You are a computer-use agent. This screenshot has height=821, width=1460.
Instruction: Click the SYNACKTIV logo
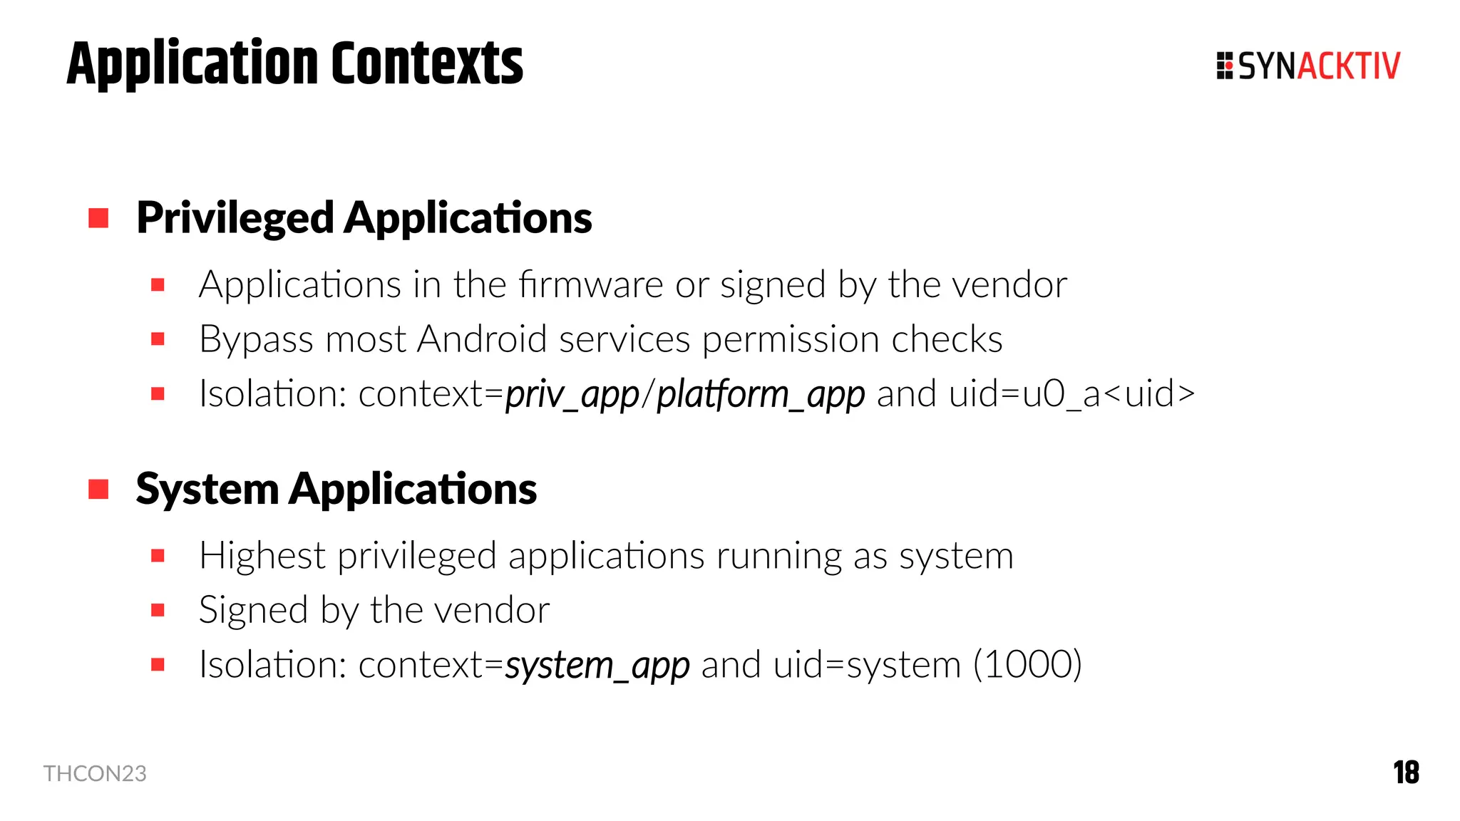point(1308,66)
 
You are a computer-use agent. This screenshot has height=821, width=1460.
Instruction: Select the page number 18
point(1406,773)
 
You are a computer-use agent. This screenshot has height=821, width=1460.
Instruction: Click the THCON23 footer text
point(95,773)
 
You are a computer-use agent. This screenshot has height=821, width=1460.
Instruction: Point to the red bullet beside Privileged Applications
point(98,218)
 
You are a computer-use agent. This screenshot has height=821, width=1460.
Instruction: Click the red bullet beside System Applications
point(98,490)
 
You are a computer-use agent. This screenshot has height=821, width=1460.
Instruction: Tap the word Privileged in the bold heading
point(235,218)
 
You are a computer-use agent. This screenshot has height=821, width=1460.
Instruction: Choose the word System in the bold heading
point(207,490)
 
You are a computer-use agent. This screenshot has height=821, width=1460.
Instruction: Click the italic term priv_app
point(572,394)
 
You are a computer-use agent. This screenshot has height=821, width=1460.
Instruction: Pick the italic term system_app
point(597,666)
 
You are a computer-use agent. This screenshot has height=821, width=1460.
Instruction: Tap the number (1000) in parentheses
point(1027,665)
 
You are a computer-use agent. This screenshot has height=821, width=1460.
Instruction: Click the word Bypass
point(256,340)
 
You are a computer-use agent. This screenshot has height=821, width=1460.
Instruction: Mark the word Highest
point(262,556)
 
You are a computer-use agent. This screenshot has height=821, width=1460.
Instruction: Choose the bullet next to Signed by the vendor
point(158,610)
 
